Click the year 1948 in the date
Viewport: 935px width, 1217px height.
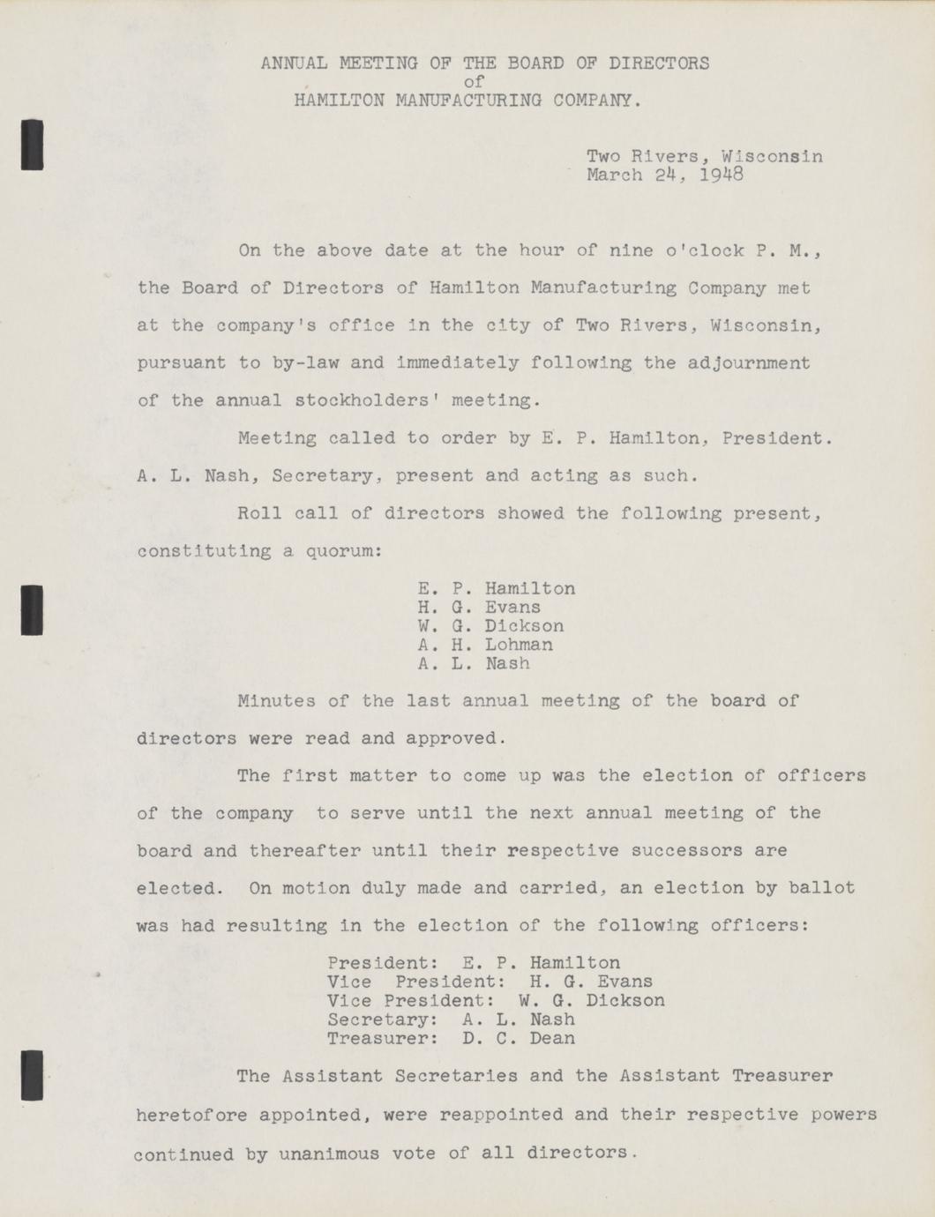[x=722, y=175]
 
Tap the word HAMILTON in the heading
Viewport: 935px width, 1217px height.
[x=340, y=101]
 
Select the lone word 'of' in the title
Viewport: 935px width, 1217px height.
[x=474, y=82]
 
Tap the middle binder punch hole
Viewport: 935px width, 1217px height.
[x=33, y=609]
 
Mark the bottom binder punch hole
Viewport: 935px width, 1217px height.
[x=33, y=1075]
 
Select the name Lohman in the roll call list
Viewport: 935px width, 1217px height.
[x=520, y=645]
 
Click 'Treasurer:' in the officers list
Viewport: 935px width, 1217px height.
[x=383, y=1038]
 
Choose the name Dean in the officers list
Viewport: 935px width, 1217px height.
[x=552, y=1038]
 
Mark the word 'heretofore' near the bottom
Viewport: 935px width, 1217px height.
[x=192, y=1115]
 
